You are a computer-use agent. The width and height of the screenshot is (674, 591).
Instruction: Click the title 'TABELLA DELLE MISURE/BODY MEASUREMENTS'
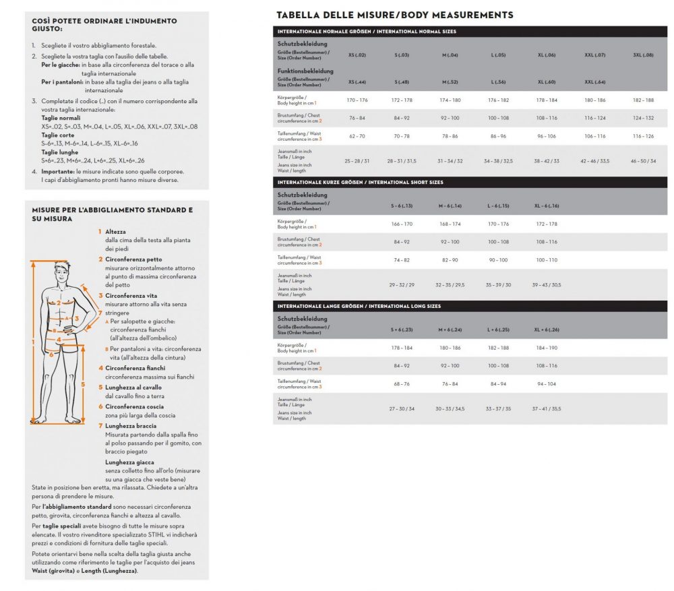pos(394,15)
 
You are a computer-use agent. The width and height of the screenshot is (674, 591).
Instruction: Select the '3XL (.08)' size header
pos(643,55)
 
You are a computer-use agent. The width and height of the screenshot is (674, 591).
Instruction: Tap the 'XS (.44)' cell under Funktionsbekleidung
pos(357,82)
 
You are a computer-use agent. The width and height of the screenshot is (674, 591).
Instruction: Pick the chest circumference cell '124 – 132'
pos(643,118)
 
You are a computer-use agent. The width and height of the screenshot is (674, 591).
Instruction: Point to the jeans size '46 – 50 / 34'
pos(643,162)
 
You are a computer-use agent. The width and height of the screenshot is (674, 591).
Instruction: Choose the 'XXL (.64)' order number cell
pos(596,82)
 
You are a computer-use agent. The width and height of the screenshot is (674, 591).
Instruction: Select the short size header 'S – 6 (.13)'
pos(402,206)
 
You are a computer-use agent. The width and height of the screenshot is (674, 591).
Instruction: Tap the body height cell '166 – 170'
pos(402,224)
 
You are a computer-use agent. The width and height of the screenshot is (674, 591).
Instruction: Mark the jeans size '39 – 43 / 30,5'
pos(546,284)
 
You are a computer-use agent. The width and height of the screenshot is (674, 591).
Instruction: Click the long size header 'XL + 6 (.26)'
pos(547,330)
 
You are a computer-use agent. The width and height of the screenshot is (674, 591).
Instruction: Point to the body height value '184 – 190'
pos(547,348)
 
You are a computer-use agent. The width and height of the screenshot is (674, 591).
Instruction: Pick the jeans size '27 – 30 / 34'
pos(402,408)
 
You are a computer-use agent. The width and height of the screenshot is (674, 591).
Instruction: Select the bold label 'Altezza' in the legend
pos(115,231)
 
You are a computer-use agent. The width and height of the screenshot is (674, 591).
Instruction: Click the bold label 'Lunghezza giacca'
pos(129,462)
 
